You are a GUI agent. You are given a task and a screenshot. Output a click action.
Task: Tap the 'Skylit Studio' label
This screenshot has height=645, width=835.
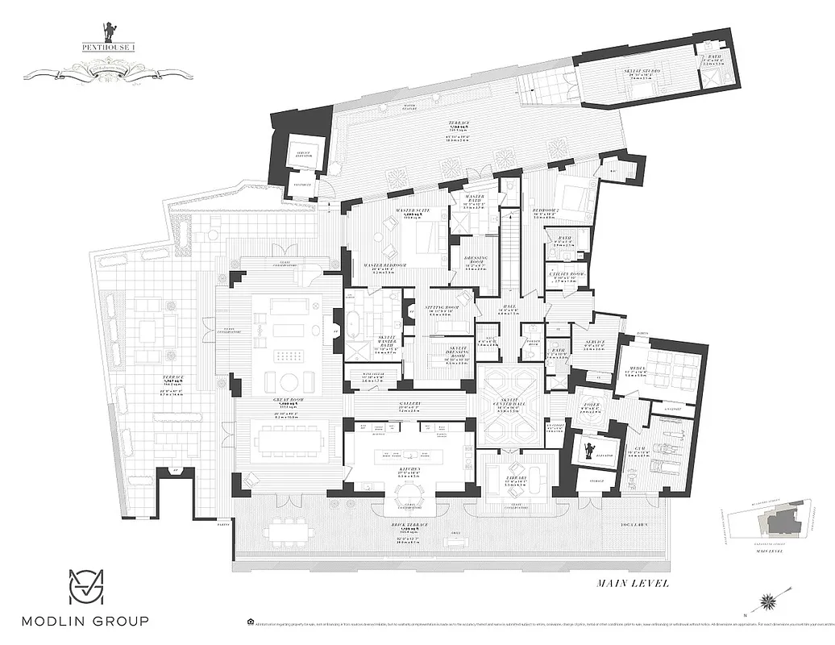coord(642,71)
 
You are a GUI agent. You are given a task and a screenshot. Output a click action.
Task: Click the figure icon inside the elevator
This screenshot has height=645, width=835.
coord(590,449)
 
